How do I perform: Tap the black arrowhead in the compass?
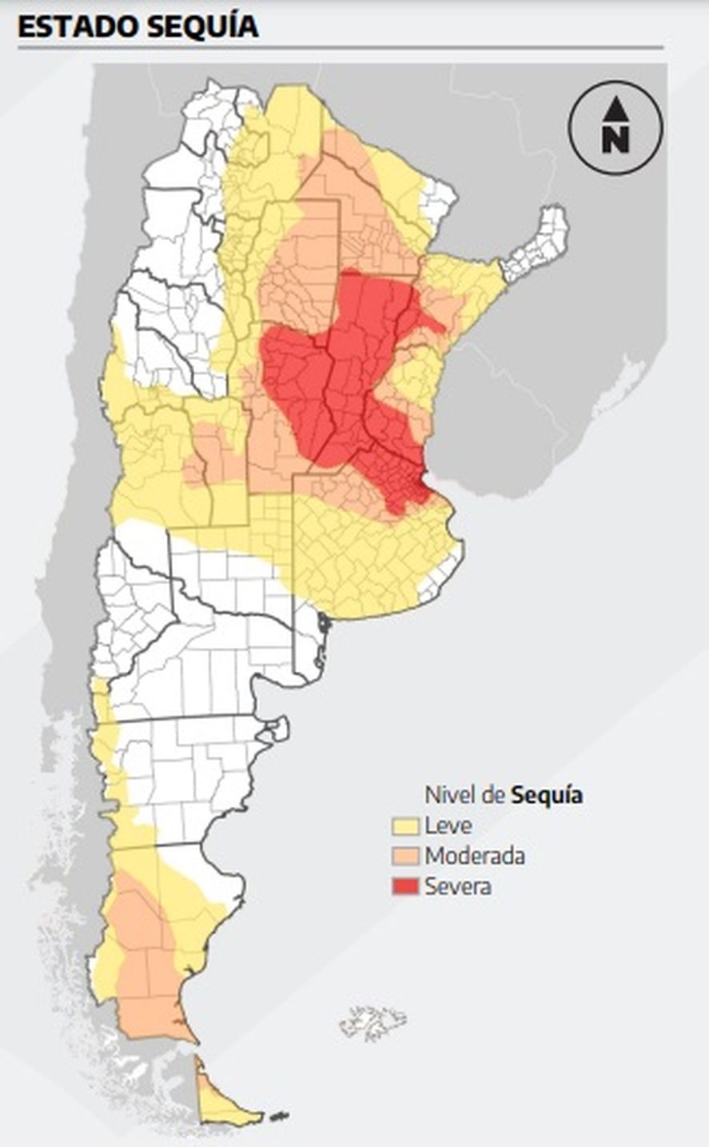tap(615, 107)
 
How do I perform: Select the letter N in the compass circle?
tap(615, 140)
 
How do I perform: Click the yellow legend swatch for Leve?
tap(405, 825)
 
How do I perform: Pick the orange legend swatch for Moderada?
tap(405, 856)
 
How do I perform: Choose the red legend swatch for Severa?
tap(405, 886)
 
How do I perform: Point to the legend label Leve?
tap(448, 825)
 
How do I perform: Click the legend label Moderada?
tap(475, 856)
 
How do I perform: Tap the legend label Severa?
tap(458, 886)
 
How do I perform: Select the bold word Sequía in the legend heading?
tap(547, 795)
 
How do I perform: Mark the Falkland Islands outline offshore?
tap(372, 1021)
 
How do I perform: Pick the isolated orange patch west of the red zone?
tap(208, 456)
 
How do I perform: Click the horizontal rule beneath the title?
tap(340, 48)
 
